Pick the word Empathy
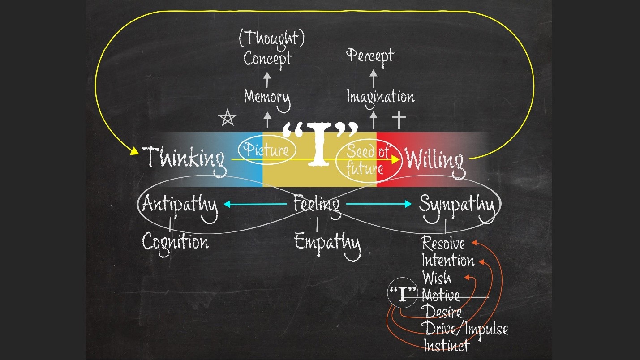tap(327, 245)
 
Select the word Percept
tap(370, 57)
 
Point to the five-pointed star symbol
tap(228, 117)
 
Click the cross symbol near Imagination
tap(399, 120)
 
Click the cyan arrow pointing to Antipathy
tap(255, 204)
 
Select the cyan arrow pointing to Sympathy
tap(379, 204)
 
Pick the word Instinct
tap(447, 345)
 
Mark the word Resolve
tap(443, 244)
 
